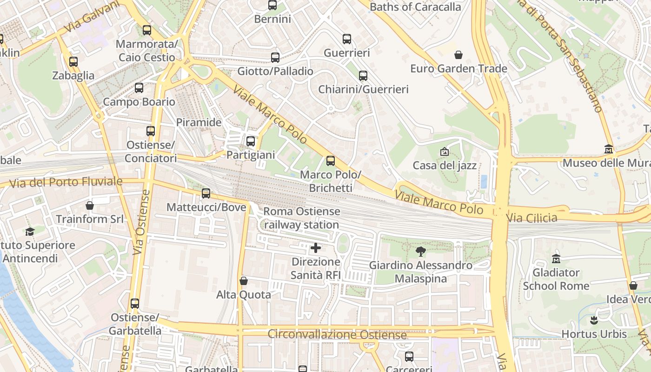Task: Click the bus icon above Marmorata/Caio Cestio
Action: point(147,30)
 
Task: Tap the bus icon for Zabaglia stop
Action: point(73,61)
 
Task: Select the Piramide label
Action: point(199,122)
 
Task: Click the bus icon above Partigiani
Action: point(251,141)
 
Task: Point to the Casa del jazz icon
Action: point(444,152)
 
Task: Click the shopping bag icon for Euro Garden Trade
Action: point(458,55)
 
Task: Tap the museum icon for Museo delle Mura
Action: point(609,149)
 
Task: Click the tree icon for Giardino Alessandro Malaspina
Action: point(421,252)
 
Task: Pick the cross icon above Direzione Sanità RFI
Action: point(316,248)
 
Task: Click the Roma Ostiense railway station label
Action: point(301,218)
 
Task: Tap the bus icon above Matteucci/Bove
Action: point(206,193)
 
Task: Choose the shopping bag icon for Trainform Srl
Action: point(90,205)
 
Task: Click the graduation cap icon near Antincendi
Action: point(30,232)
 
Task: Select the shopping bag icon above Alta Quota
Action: point(243,281)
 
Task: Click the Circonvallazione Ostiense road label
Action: point(337,334)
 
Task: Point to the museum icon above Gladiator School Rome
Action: point(556,259)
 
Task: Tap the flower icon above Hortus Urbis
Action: point(594,320)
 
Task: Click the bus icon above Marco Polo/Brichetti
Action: point(331,161)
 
